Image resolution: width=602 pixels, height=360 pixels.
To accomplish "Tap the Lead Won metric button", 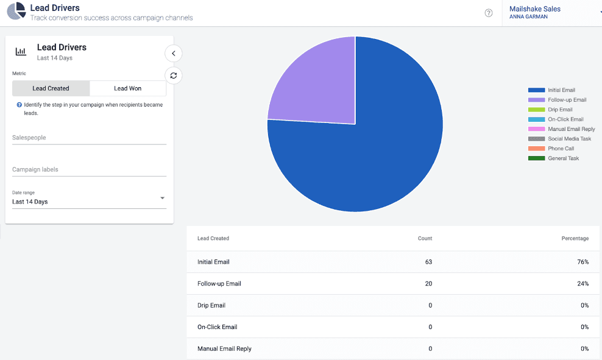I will (x=127, y=88).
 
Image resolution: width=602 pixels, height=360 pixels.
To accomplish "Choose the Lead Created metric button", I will (x=51, y=88).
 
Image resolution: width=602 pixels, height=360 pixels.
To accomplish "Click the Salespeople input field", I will (x=89, y=138).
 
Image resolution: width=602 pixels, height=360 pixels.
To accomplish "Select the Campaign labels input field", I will (x=89, y=169).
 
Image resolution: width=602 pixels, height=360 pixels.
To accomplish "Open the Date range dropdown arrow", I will (x=162, y=199).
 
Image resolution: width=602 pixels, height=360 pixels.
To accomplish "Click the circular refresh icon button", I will (x=174, y=76).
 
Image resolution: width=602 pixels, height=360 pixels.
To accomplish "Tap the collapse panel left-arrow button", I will (x=174, y=54).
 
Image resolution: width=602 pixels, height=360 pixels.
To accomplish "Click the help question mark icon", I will (x=489, y=13).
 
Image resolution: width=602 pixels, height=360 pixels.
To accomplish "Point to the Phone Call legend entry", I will (x=561, y=149).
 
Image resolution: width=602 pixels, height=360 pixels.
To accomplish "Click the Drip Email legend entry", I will (x=560, y=110).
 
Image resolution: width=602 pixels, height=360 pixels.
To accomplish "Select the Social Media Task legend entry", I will (x=569, y=139).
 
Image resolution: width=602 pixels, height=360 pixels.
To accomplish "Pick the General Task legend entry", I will (x=563, y=158).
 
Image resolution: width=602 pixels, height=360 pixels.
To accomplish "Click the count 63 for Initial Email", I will (x=428, y=262).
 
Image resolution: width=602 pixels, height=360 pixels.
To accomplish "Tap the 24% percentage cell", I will (x=583, y=284).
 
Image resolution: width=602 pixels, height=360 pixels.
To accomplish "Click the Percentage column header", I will (x=575, y=238).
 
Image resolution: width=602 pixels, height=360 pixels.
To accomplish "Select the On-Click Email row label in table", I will (x=217, y=327).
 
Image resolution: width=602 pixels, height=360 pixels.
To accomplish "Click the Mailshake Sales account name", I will (x=534, y=9).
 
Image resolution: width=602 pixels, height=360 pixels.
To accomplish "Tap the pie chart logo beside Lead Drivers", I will (x=16, y=12).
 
